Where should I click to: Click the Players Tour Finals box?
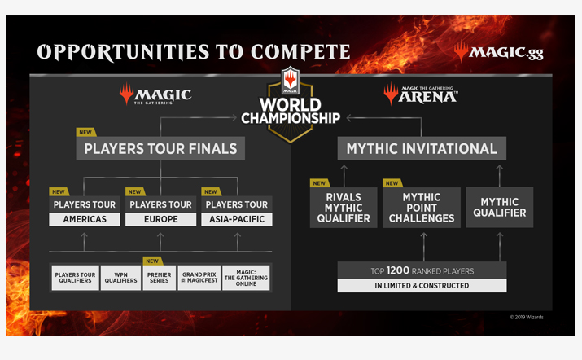(160, 148)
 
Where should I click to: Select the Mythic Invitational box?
(422, 148)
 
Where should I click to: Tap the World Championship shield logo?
(291, 105)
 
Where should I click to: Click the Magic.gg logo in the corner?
(498, 52)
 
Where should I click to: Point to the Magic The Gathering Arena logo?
(421, 94)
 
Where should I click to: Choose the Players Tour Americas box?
(85, 212)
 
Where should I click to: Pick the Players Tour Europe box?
(160, 212)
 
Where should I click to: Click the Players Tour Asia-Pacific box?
(237, 212)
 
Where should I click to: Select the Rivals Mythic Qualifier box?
(344, 208)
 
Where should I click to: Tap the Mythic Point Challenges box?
(422, 208)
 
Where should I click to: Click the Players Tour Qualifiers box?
(76, 278)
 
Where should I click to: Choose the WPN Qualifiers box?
(120, 278)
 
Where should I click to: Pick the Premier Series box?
(160, 278)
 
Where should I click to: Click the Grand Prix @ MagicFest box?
(199, 278)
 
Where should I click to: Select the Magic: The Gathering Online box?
(246, 278)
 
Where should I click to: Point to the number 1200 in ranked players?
(397, 270)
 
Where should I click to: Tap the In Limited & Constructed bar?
(422, 286)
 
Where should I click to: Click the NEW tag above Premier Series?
(152, 261)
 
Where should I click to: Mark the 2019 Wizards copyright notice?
(527, 317)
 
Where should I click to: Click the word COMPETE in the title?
(300, 51)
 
